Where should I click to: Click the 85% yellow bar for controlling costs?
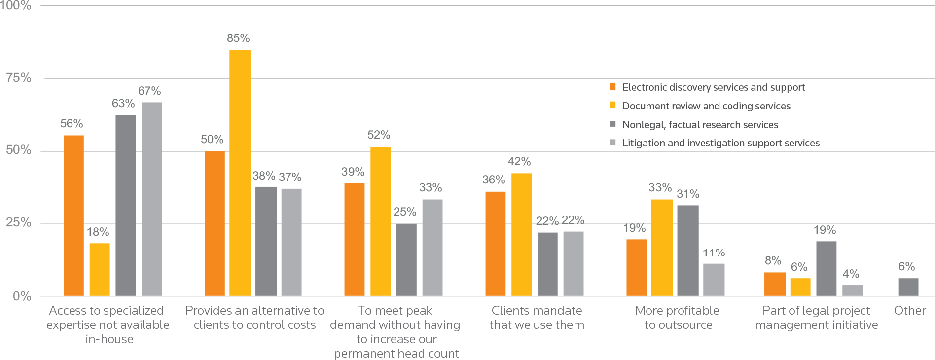[x=240, y=173]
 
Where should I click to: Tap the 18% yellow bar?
[x=100, y=269]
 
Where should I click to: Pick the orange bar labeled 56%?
[x=73, y=216]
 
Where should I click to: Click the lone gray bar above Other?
[x=908, y=287]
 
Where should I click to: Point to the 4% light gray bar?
[x=852, y=290]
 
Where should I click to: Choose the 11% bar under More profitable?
[x=714, y=280]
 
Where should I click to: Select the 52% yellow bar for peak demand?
[x=380, y=221]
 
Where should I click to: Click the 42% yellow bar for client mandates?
[x=521, y=234]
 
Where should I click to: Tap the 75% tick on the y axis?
[x=19, y=78]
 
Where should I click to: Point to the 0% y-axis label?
[x=22, y=296]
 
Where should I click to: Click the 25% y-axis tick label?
[x=19, y=223]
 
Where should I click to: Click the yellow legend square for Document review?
[x=613, y=106]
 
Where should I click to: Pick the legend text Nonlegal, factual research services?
[x=700, y=125]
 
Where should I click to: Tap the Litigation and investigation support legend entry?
[x=720, y=143]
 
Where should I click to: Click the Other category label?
[x=910, y=311]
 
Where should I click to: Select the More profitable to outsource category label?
[x=678, y=318]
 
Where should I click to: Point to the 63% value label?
[x=123, y=103]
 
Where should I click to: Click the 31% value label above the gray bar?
[x=687, y=194]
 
